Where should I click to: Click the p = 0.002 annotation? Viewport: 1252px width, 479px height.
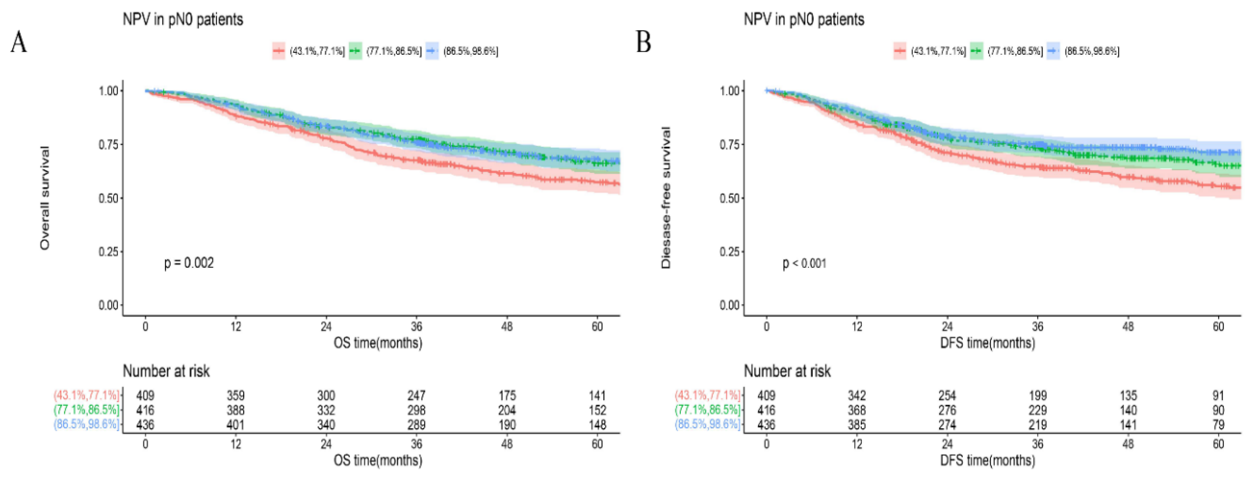[x=189, y=263]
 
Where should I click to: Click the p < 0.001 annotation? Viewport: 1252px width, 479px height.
[x=804, y=263]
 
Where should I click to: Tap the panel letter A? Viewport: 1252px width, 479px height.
[x=19, y=42]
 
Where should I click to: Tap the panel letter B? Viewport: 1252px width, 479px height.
[x=644, y=42]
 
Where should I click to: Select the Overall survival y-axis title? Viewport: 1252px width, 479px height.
[x=45, y=198]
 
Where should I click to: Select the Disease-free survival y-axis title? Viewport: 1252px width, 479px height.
[x=666, y=198]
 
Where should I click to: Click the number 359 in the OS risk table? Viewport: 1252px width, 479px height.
[x=236, y=396]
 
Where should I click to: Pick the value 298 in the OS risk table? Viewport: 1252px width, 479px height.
[x=417, y=410]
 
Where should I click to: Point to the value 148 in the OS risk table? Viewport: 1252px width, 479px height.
[x=597, y=425]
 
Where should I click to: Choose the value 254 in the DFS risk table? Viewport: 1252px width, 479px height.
[x=947, y=396]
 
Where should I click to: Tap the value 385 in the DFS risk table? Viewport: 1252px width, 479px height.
[x=857, y=425]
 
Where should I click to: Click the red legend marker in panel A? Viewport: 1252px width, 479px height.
[x=278, y=51]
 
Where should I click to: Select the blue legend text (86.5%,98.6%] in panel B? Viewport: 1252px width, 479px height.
[x=1092, y=51]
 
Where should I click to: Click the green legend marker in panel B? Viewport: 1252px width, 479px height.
[x=976, y=51]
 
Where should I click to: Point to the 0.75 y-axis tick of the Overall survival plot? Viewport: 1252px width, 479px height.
[x=108, y=144]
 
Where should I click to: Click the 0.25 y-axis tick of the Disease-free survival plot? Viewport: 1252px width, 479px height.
[x=729, y=252]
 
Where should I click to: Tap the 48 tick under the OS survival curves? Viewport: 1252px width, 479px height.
[x=507, y=326]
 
